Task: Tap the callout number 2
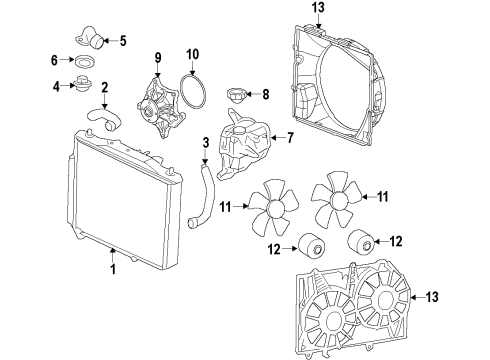105,87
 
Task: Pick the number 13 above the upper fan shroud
319,9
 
